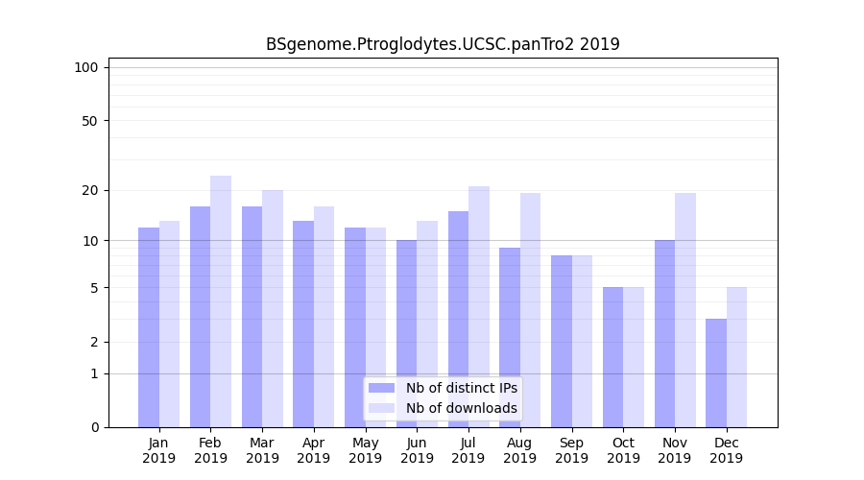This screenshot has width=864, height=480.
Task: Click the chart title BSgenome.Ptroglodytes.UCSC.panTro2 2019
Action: (443, 44)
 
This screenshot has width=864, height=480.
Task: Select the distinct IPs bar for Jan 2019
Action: (149, 326)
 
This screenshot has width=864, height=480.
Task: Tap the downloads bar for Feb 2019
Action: (221, 301)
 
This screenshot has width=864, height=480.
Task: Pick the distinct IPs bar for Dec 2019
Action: (716, 372)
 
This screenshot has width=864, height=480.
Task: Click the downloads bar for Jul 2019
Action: (479, 306)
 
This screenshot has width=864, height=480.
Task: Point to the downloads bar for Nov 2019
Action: (685, 310)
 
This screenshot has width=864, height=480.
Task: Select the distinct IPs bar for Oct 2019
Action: (613, 357)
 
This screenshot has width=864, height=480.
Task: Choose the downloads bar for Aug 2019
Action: (531, 310)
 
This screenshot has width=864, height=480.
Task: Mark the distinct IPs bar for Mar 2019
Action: (252, 317)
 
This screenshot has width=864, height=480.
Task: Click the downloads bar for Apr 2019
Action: (324, 317)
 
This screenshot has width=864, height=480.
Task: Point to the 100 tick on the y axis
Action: (86, 67)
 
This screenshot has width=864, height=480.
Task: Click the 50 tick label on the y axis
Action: (89, 121)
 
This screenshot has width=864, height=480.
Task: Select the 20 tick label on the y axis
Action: (89, 190)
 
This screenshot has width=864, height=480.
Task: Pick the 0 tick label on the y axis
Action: (94, 427)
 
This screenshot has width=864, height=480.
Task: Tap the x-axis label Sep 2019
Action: (571, 450)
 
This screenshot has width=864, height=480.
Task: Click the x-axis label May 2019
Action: (365, 450)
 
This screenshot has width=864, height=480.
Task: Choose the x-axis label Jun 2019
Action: (417, 450)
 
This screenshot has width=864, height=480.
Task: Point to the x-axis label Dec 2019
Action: (727, 450)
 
